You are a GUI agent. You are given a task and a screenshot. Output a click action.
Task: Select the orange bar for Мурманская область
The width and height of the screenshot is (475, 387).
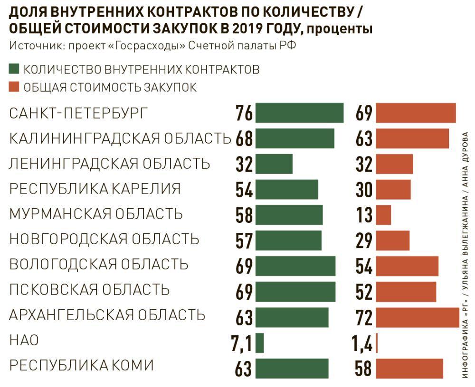[384, 215]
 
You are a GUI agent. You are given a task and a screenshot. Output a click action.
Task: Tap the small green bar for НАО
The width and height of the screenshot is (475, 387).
[259, 343]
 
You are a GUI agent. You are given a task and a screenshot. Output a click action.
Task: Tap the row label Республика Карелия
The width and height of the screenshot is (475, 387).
[95, 189]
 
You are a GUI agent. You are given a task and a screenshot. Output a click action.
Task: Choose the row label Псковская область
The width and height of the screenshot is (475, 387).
[89, 289]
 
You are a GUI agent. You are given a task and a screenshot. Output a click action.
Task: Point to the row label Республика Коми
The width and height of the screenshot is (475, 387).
[82, 366]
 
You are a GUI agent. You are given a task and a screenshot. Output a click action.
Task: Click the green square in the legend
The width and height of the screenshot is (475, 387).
[14, 69]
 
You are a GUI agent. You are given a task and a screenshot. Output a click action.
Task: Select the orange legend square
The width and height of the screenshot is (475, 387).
[14, 87]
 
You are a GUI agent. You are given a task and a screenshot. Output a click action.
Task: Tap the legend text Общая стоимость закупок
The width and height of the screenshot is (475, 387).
[110, 87]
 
